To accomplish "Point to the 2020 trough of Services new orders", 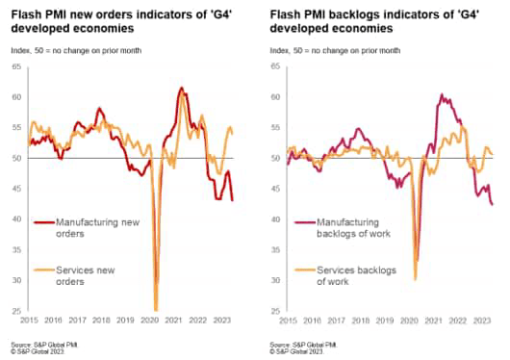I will pos(156,310).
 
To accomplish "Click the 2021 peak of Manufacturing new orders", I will pos(181,89).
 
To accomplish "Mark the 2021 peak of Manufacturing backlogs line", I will pos(440,95).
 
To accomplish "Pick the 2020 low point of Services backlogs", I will pos(415,278).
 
